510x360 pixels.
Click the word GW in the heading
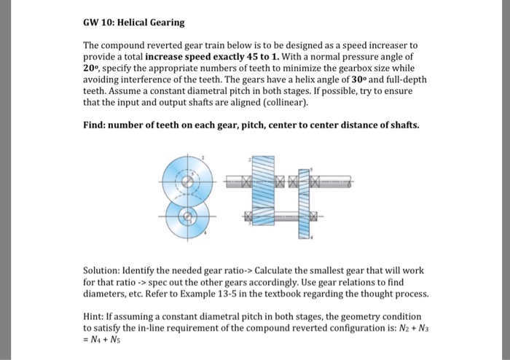pyautogui.click(x=92, y=24)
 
